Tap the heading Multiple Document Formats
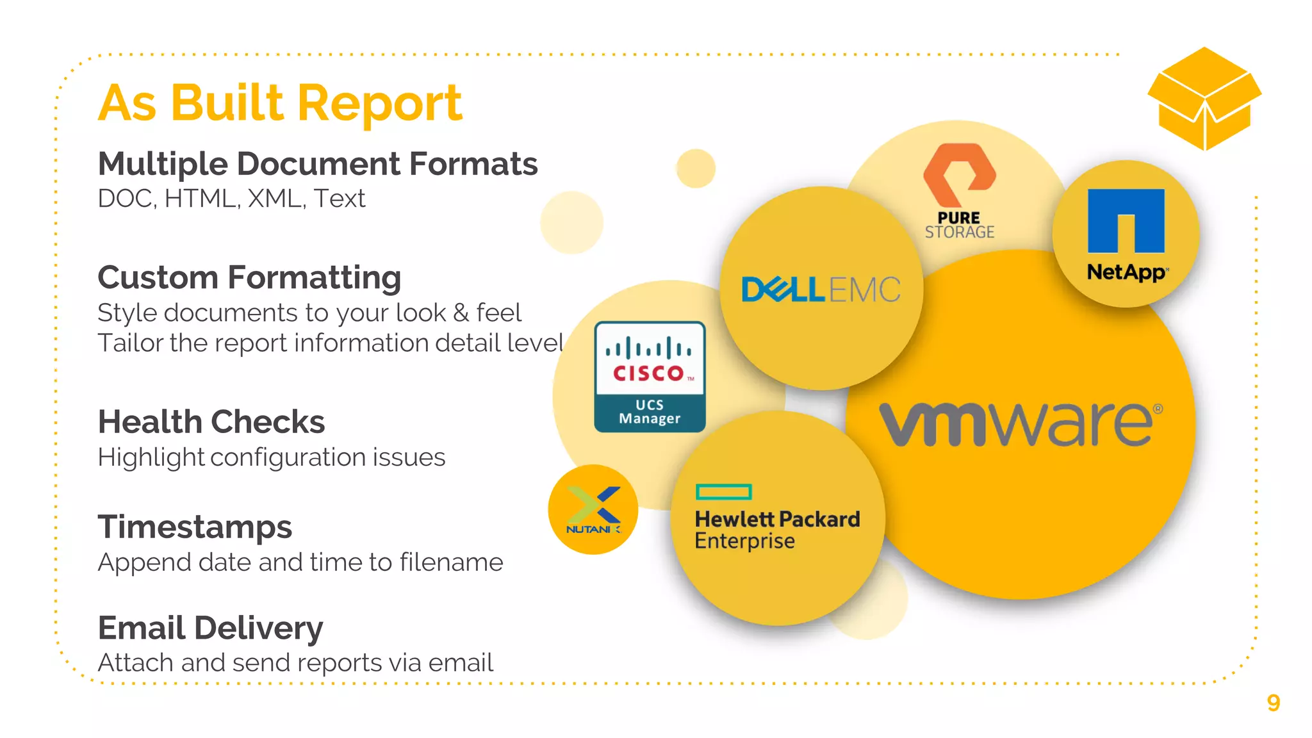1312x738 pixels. pos(318,164)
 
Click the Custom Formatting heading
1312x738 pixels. pos(249,277)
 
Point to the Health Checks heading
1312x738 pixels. pos(211,422)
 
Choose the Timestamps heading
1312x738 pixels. pos(195,527)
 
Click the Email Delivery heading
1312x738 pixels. pos(210,628)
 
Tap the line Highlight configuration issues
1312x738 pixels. pos(271,457)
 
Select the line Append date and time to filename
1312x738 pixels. pos(300,562)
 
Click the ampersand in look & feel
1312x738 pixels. pos(461,313)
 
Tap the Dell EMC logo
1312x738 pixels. pos(821,290)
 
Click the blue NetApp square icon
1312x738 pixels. pos(1126,220)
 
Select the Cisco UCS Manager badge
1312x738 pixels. pos(650,377)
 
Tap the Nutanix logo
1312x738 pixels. pos(593,510)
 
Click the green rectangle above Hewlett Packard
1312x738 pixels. pos(723,492)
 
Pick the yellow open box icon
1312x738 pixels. pos(1204,99)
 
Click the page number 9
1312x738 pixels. pos(1273,703)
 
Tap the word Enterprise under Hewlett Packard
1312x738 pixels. pos(744,541)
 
